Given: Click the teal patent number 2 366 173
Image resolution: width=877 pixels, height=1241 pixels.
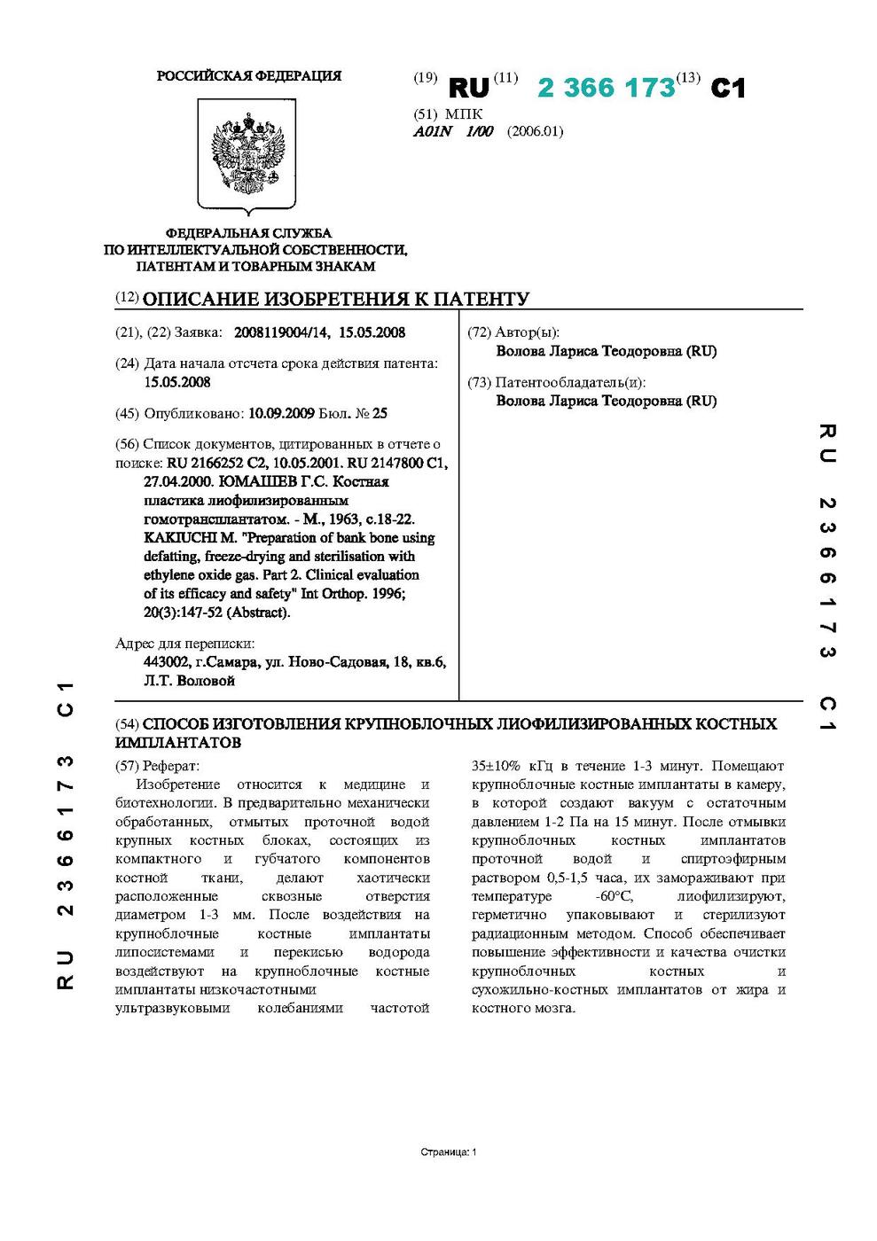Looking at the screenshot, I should pyautogui.click(x=607, y=89).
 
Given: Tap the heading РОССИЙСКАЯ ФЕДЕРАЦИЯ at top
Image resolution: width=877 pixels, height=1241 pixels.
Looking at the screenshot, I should pyautogui.click(x=249, y=76).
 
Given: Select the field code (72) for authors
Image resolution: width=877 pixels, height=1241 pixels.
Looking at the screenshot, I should pyautogui.click(x=479, y=333).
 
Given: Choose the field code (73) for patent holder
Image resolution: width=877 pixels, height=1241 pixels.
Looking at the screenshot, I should pyautogui.click(x=479, y=383).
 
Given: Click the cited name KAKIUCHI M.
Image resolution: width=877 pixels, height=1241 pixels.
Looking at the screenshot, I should pyautogui.click(x=184, y=538).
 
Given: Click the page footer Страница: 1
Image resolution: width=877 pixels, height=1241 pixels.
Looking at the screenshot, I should pyautogui.click(x=449, y=1152).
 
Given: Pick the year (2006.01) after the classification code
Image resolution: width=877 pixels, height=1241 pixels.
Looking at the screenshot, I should pyautogui.click(x=535, y=132).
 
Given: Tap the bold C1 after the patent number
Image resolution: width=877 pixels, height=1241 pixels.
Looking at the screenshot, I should pyautogui.click(x=728, y=89).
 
